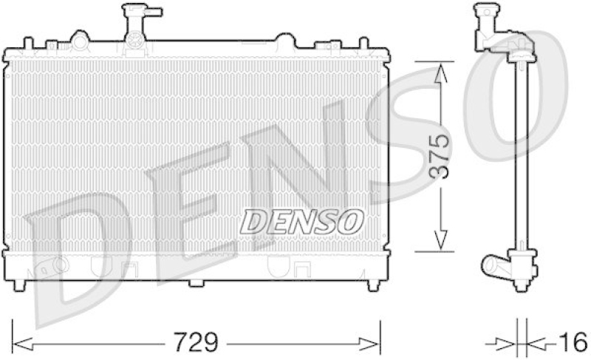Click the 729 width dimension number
coord(197,343)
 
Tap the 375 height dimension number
coord(440,157)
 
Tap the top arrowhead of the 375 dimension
coord(440,70)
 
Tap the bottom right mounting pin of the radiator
coord(373,285)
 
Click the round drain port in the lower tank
coord(59,264)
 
